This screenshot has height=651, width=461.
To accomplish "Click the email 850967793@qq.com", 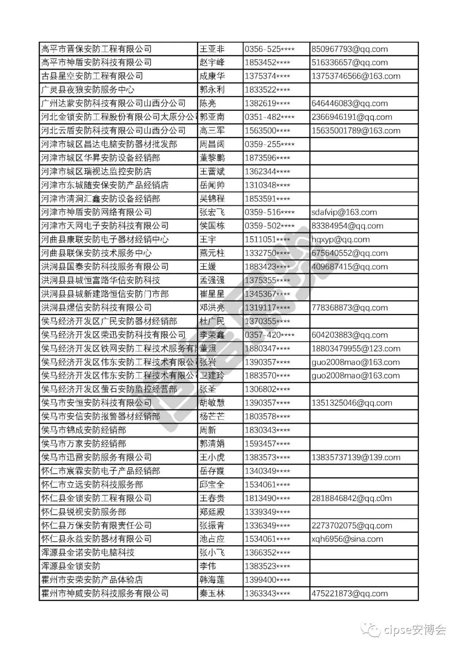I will coord(350,49).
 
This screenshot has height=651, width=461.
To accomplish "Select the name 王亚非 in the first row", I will coord(212,49).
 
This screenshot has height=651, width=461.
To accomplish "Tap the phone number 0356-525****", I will coord(269,49).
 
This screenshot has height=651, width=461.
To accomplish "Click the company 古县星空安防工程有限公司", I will coord(92,76).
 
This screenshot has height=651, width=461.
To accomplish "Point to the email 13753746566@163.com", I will coord(356,76).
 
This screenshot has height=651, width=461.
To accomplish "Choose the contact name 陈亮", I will coord(208,104).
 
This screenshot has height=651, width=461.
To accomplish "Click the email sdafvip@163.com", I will coord(344,212).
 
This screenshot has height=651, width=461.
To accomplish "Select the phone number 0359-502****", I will coord(269,226).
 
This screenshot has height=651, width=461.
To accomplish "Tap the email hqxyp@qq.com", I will coord(341,240).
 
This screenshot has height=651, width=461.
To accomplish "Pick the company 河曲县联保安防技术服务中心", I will coord(96,253).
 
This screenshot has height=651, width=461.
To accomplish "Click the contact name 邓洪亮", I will coord(212,308).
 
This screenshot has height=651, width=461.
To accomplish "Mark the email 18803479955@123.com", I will coord(356,349).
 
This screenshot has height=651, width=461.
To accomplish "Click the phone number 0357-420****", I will coord(269,335).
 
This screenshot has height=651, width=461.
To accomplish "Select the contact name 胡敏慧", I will coord(212,403).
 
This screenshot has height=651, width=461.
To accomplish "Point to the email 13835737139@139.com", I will coord(356,457).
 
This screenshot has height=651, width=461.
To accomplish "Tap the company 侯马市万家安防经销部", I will coord(84,444).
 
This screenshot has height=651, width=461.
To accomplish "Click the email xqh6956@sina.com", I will coord(347,539).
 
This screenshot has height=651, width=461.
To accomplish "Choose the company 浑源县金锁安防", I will coord(71,566).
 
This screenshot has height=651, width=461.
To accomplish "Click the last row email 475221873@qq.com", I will coord(350,593).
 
